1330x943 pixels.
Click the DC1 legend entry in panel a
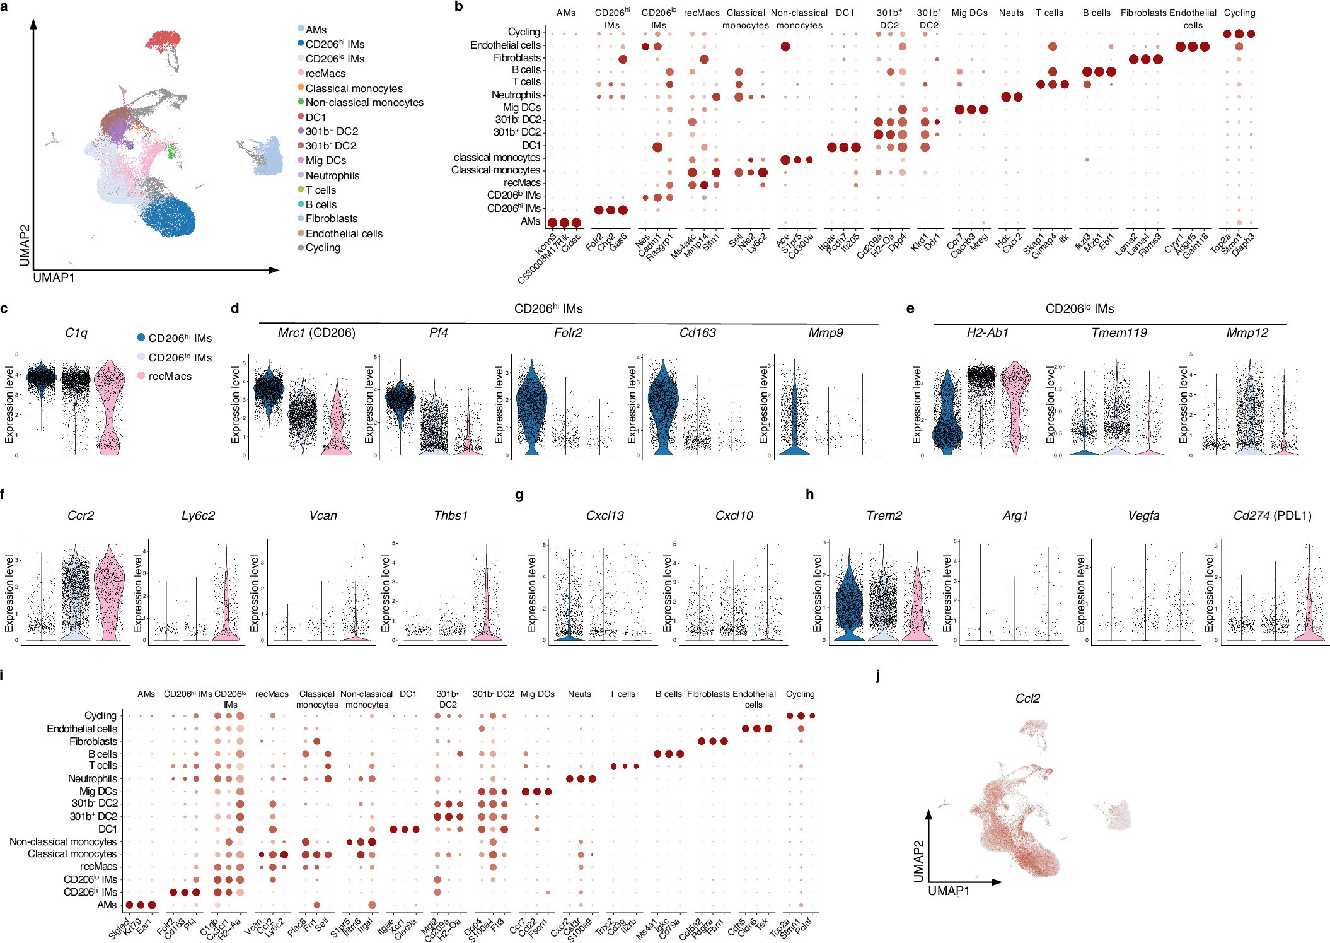pyautogui.click(x=315, y=117)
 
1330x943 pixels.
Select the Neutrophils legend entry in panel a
pyautogui.click(x=332, y=175)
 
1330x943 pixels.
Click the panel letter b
pyautogui.click(x=459, y=7)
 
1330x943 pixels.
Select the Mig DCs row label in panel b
pyautogui.click(x=521, y=107)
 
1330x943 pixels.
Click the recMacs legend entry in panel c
pyautogui.click(x=170, y=376)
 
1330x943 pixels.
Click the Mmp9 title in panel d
pyautogui.click(x=826, y=332)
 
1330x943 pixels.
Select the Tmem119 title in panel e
pyautogui.click(x=1119, y=332)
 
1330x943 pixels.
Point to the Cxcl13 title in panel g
pyautogui.click(x=604, y=515)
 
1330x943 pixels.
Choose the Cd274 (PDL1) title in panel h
pyautogui.click(x=1272, y=515)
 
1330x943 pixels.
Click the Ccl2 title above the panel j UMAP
pyautogui.click(x=1027, y=698)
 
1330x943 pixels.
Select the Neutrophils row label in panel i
pyautogui.click(x=92, y=778)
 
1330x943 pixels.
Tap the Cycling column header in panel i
pyautogui.click(x=800, y=694)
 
